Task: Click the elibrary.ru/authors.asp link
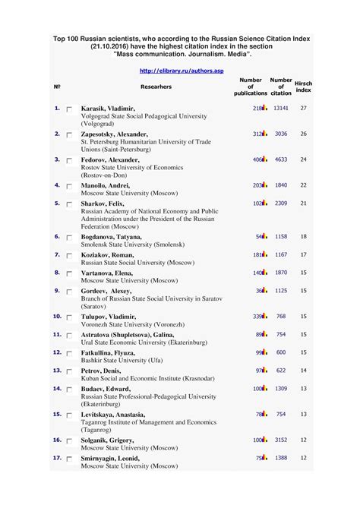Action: pyautogui.click(x=179, y=71)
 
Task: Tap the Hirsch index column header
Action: pyautogui.click(x=303, y=86)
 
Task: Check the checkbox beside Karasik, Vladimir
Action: pyautogui.click(x=69, y=110)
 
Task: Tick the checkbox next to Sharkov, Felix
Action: pyautogui.click(x=69, y=205)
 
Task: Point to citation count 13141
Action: pyautogui.click(x=281, y=109)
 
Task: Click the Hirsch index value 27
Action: pyautogui.click(x=303, y=109)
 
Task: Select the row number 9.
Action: pyautogui.click(x=57, y=290)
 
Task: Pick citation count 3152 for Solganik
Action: pyautogui.click(x=281, y=440)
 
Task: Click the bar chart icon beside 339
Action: pyautogui.click(x=265, y=316)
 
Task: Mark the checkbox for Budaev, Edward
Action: pyautogui.click(x=69, y=390)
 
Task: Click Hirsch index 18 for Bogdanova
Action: pyautogui.click(x=303, y=236)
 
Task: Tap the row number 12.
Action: pyautogui.click(x=56, y=352)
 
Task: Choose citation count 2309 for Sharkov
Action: pyautogui.click(x=281, y=204)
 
